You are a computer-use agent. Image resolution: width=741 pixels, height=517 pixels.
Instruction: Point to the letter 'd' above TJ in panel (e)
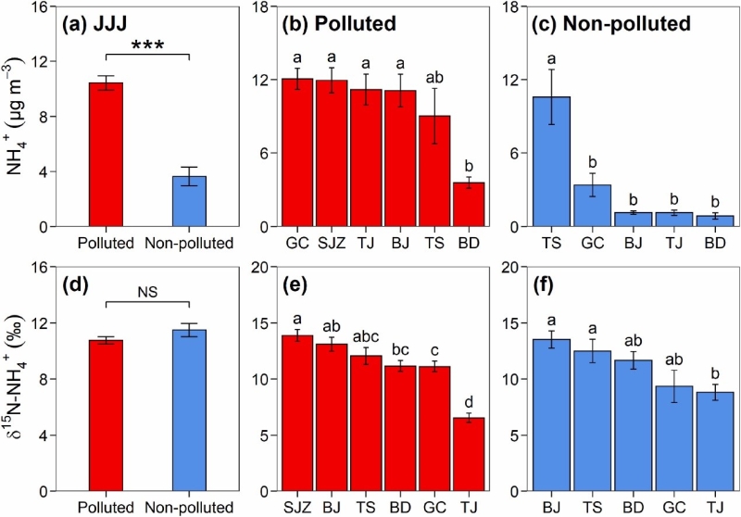click(x=474, y=401)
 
